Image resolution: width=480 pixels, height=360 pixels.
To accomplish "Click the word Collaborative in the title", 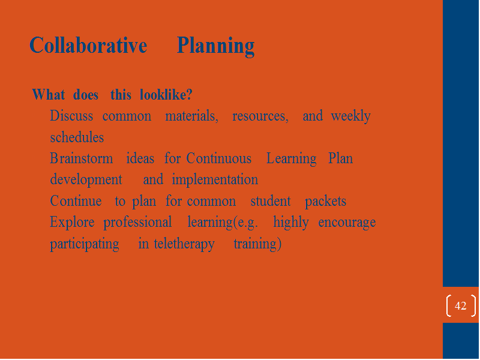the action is [88, 46].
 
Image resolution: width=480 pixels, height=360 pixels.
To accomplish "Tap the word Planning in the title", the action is [215, 46].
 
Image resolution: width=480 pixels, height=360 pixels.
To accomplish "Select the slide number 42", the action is [460, 305].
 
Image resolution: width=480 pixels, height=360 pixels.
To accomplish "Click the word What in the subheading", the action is [49, 94].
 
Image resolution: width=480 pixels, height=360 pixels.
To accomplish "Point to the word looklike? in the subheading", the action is [166, 94].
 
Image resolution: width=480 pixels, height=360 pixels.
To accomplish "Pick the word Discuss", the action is [71, 116].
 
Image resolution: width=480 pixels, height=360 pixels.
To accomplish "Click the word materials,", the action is [191, 116].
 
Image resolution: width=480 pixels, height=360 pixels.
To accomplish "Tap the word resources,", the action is [260, 116].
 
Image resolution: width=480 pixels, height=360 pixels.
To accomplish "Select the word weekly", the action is [351, 116].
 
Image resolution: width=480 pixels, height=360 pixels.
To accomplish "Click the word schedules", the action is [77, 137].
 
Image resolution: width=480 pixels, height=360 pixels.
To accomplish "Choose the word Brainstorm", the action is [81, 158].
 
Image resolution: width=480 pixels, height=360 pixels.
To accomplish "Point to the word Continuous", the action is [218, 158].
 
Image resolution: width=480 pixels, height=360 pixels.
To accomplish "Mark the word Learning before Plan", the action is [292, 159].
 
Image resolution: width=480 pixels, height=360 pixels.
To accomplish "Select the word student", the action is [271, 201].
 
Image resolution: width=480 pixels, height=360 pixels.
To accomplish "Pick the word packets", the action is [325, 202].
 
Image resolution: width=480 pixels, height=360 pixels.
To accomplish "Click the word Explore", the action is [72, 223].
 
